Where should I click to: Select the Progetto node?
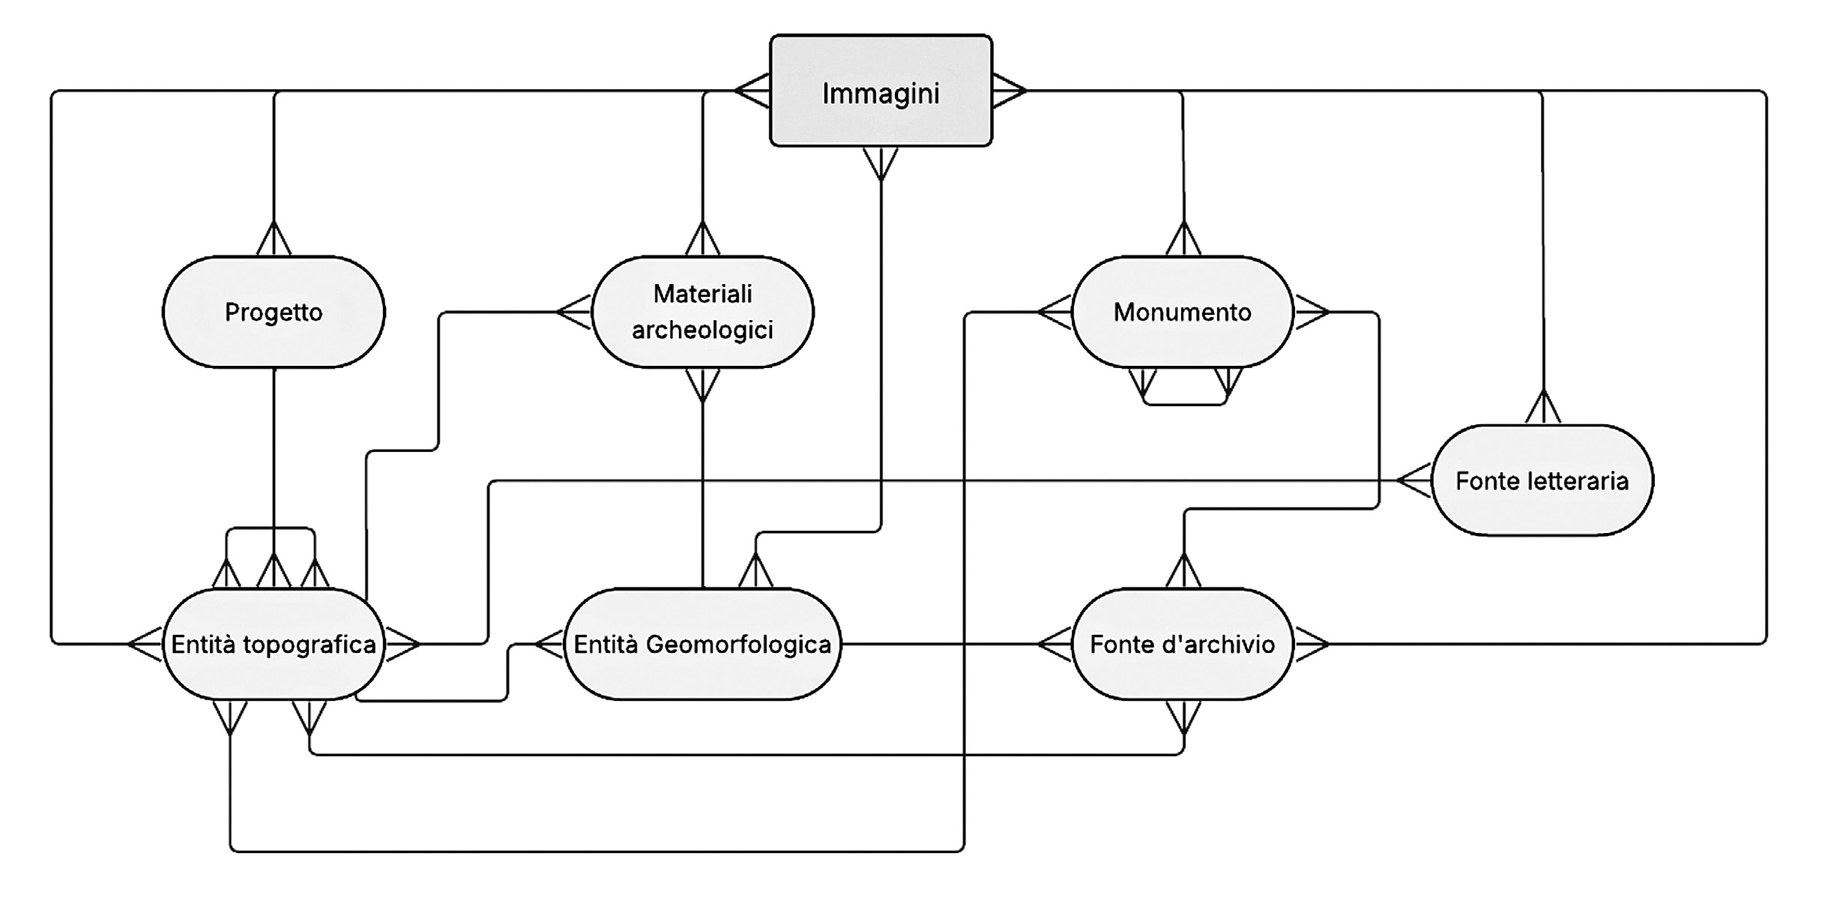[274, 312]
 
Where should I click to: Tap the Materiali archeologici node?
[702, 312]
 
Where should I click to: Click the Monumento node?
[1182, 312]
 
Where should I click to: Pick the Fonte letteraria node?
[1542, 480]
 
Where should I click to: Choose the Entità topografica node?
[274, 644]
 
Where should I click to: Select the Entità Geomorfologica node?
[702, 644]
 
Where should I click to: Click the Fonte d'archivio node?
[1182, 644]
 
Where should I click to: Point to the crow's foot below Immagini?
[881, 163]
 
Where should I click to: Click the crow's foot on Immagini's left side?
[752, 91]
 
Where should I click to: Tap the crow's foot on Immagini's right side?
[1009, 91]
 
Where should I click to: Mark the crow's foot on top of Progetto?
[274, 240]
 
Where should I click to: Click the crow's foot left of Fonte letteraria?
[1414, 480]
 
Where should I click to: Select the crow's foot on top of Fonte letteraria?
[1542, 408]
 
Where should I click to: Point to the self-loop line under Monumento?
[1184, 404]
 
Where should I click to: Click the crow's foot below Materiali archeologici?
[702, 384]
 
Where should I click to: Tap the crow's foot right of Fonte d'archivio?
[1311, 644]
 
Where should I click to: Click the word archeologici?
[702, 330]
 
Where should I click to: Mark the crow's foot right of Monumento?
[1311, 312]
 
